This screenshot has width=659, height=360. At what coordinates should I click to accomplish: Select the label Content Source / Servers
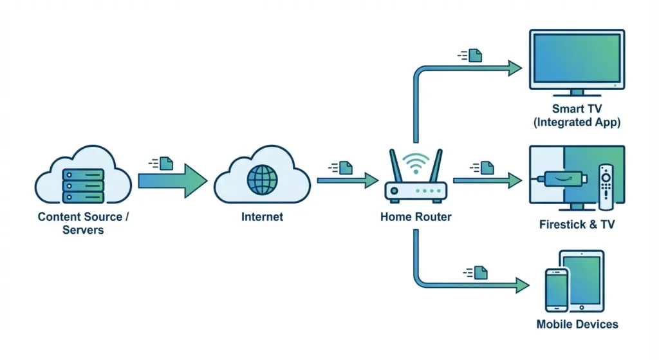83,223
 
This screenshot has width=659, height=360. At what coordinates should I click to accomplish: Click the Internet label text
262,217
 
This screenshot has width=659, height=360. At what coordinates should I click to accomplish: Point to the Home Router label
416,217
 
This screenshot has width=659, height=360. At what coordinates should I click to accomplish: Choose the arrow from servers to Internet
172,180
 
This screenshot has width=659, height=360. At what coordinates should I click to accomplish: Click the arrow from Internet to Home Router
348,180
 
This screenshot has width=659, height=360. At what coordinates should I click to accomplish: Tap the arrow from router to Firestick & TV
487,180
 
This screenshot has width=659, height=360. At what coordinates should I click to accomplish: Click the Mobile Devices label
577,325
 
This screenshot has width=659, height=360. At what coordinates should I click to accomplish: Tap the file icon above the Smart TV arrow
475,55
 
